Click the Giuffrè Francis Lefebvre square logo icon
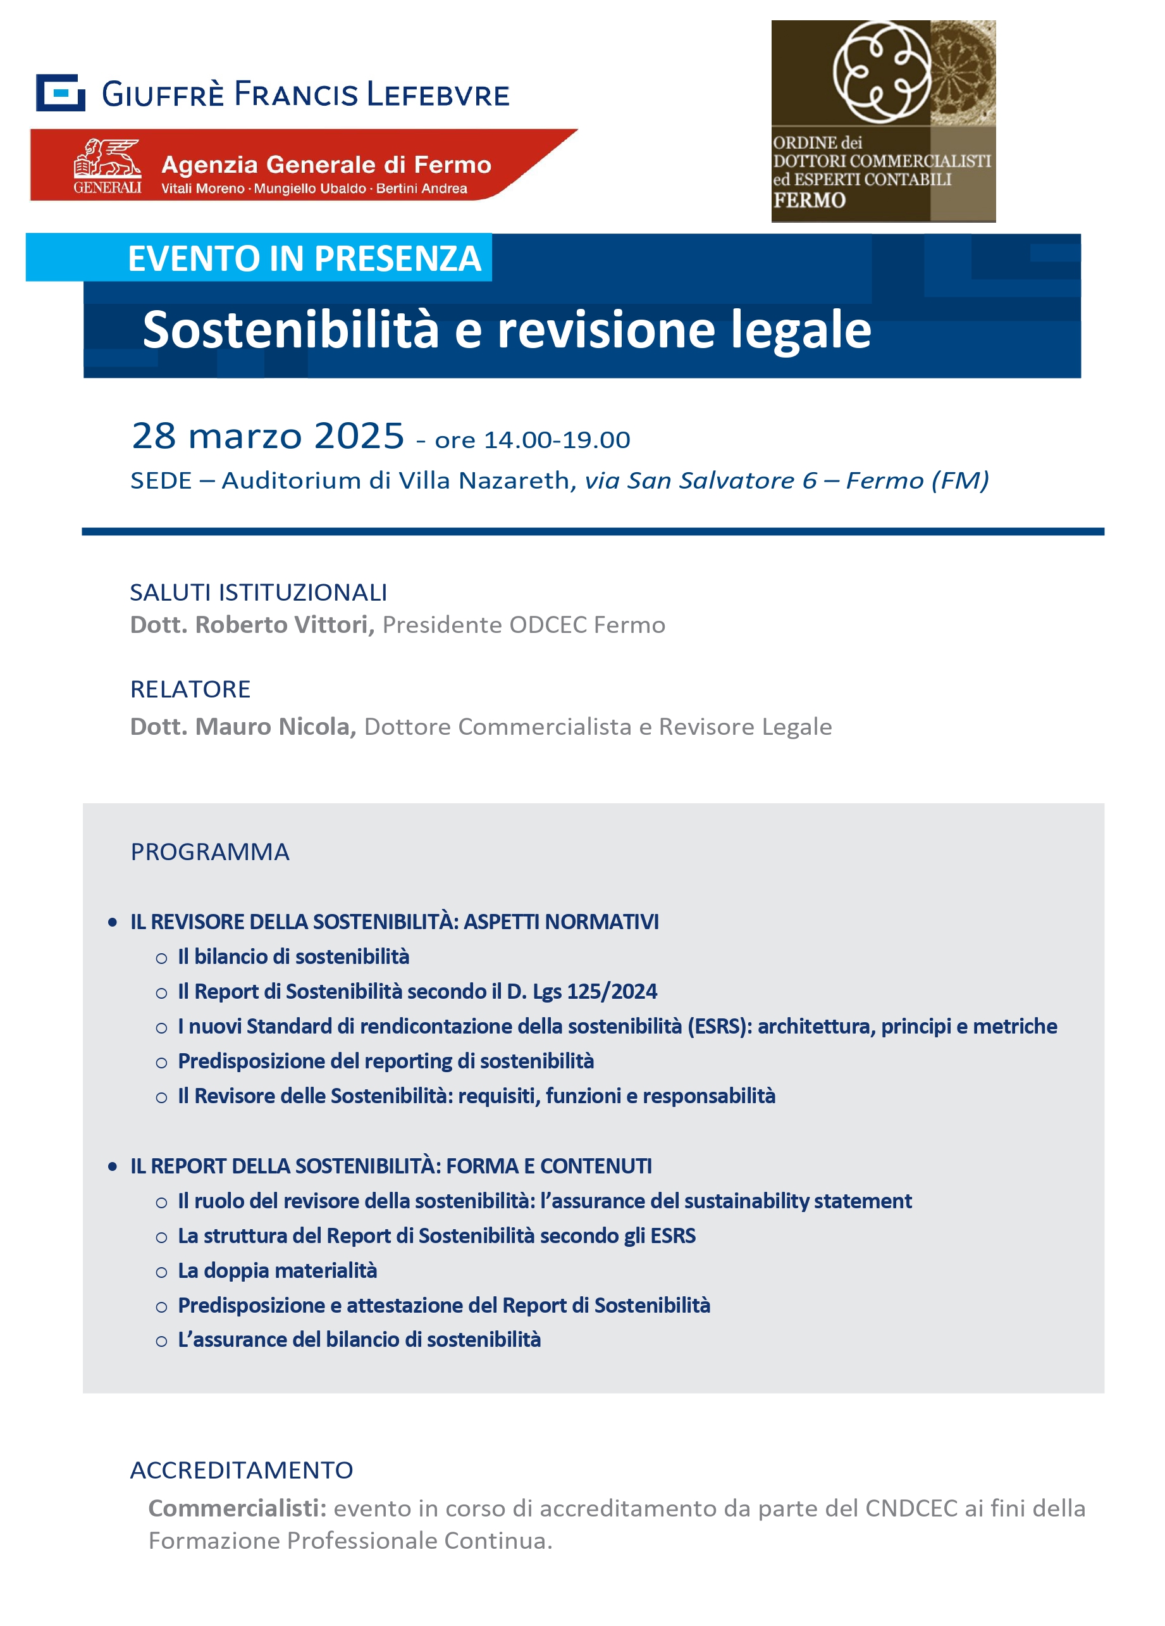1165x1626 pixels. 60,92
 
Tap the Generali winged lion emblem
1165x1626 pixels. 108,158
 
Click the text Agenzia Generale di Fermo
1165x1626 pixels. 326,165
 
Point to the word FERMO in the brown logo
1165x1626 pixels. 809,200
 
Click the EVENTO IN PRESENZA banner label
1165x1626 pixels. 304,259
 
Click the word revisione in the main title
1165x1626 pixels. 606,330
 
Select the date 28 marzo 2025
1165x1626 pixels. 268,436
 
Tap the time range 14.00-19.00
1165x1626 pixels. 557,439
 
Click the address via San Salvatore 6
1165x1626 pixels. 701,480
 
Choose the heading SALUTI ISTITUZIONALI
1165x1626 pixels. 258,592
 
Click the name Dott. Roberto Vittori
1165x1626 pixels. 252,625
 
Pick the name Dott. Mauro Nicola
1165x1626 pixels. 243,726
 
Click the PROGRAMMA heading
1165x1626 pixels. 210,852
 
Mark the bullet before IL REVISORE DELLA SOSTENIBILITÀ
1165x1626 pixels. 113,922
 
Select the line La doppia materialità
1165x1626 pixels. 277,1270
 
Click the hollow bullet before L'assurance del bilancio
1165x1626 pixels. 161,1341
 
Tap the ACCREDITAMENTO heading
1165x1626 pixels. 242,1470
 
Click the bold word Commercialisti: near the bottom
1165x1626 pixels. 237,1508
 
